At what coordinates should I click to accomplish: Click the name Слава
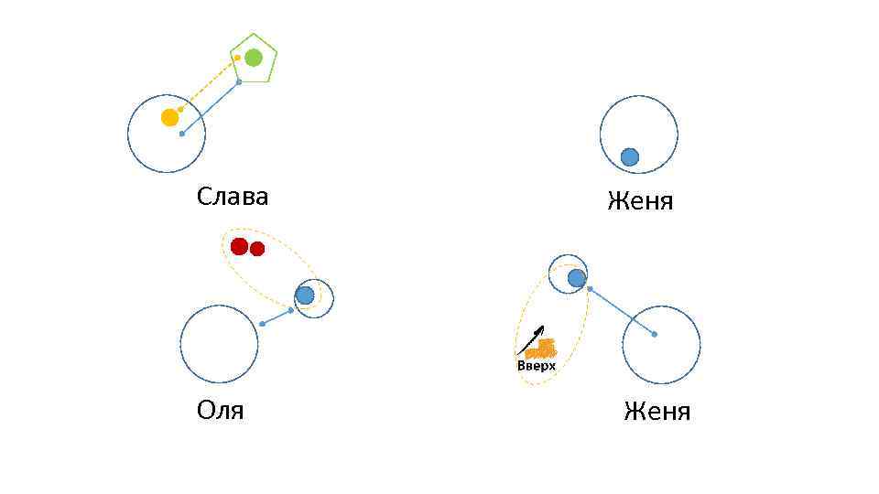coord(233,197)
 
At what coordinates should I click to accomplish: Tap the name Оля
coord(220,410)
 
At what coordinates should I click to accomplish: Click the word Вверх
coord(537,366)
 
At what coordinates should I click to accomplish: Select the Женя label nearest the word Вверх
coord(657,412)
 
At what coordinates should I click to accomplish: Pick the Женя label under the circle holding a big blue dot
coord(640,201)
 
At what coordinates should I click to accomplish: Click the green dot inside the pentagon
coord(254,58)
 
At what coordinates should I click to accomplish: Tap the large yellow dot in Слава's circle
coord(170,117)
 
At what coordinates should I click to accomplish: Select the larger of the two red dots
coord(240,246)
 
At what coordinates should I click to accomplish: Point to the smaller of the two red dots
coord(257,249)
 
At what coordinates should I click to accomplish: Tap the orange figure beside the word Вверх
coord(542,349)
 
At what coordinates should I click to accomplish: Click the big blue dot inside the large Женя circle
coord(630,157)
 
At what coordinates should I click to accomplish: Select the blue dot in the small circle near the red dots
coord(305,295)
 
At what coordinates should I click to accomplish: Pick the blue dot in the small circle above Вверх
coord(576,278)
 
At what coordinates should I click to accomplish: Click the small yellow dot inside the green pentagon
coord(237,58)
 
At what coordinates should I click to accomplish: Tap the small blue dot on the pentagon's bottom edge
coord(239,82)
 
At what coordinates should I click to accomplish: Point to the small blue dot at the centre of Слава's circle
coord(182,134)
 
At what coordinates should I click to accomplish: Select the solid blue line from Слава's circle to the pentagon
coord(211,108)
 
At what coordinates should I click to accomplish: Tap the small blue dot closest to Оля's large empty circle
coord(263,324)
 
